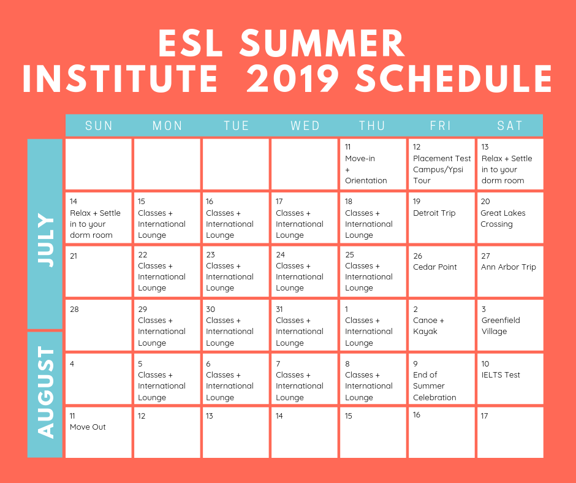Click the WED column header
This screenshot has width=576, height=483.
[305, 126]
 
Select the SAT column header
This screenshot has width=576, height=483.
[510, 126]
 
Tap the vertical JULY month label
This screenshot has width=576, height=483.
[45, 240]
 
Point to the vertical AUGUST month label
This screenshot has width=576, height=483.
[45, 392]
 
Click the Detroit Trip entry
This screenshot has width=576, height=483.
[434, 213]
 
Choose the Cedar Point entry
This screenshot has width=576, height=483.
[435, 267]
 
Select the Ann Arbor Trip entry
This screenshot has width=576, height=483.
[509, 267]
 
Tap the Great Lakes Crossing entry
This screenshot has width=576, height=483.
[503, 219]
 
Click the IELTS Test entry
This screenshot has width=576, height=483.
[501, 375]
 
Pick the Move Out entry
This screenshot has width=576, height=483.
[88, 427]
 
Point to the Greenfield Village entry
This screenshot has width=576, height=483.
[501, 325]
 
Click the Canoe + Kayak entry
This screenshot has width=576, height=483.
[428, 325]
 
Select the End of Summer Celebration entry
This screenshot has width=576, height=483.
[434, 386]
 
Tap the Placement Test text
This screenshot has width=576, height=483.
[442, 158]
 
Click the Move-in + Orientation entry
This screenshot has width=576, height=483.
[366, 169]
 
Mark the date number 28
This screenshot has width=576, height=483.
[74, 310]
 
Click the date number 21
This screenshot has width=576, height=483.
[74, 256]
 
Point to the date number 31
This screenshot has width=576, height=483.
[279, 310]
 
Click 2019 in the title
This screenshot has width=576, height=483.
[293, 78]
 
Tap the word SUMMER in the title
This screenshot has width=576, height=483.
[322, 43]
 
